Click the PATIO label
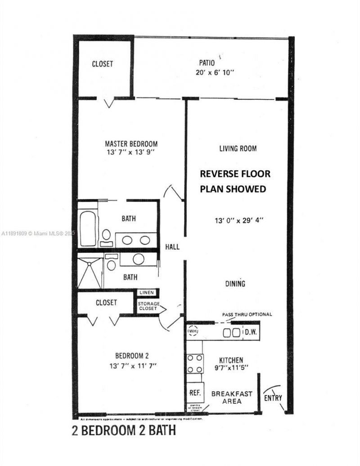pyautogui.click(x=207, y=63)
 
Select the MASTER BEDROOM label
pyautogui.click(x=131, y=144)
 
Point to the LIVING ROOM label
pyautogui.click(x=238, y=148)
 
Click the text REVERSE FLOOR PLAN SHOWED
pyautogui.click(x=235, y=181)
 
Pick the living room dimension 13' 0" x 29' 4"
pyautogui.click(x=238, y=221)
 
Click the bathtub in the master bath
pyautogui.click(x=88, y=229)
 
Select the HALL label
pyautogui.click(x=172, y=247)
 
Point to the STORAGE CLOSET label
pyautogui.click(x=148, y=306)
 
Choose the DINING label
pyautogui.click(x=235, y=284)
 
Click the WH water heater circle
pyautogui.click(x=193, y=332)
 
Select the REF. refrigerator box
pyautogui.click(x=194, y=393)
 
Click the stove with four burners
pyautogui.click(x=194, y=363)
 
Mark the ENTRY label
pyautogui.click(x=273, y=398)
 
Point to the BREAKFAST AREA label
pyautogui.click(x=232, y=397)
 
